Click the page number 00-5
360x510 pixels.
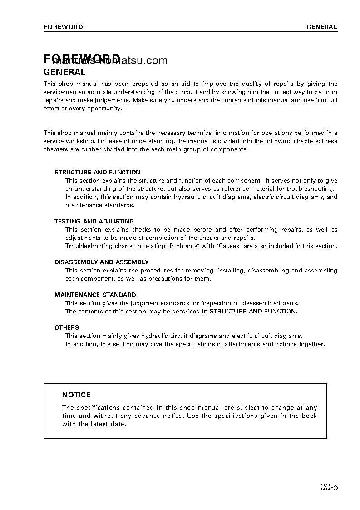point(329,488)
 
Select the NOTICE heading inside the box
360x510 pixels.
point(76,395)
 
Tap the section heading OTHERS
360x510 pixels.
point(67,327)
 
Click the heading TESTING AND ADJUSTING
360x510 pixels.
point(94,221)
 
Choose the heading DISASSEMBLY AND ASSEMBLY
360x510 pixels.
point(101,262)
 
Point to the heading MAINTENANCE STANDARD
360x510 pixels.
point(95,295)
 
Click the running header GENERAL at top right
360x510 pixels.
point(321,27)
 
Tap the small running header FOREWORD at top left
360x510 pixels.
point(63,27)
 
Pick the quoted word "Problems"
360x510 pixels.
point(183,246)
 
